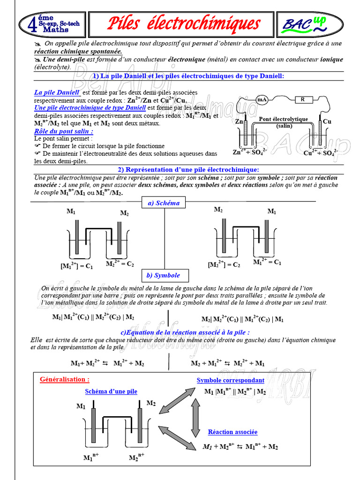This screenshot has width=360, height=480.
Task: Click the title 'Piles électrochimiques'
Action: tap(184, 23)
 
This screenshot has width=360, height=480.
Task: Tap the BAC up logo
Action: tap(309, 24)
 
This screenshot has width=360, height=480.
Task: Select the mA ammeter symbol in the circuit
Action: tap(262, 99)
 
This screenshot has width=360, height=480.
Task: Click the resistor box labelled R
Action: tap(303, 99)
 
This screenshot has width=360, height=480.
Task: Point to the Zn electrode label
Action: tap(240, 121)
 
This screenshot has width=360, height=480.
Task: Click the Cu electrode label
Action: tap(327, 121)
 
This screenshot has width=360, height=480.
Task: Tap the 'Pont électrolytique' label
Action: tap(283, 119)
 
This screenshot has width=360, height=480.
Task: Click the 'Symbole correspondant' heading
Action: tap(230, 380)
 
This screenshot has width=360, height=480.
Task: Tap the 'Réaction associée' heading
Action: tap(232, 432)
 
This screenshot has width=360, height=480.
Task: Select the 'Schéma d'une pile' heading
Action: tap(111, 391)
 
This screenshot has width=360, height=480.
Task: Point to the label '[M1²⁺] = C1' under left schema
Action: tap(76, 266)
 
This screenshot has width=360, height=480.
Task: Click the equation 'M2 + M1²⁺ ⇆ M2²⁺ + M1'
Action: tap(227, 363)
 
